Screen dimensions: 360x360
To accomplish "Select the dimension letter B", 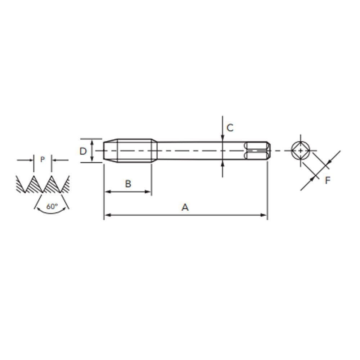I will point(128,184).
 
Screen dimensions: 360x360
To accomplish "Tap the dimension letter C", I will point(230,127).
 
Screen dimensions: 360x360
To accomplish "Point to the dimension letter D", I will point(83,151).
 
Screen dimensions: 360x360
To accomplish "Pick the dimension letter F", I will point(327,180).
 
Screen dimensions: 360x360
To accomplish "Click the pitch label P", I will point(42,159).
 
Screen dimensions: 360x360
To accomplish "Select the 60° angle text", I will point(52,207).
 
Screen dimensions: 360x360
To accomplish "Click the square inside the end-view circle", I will point(300,150).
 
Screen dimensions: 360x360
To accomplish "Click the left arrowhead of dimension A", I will point(107,215).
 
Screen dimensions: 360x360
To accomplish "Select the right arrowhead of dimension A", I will point(265,215).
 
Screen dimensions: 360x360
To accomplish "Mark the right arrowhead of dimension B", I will point(149,192).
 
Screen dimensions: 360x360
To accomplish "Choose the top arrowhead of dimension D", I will point(93,142).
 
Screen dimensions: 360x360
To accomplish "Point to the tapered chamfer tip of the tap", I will point(109,150).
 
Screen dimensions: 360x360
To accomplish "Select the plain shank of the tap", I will point(198,150).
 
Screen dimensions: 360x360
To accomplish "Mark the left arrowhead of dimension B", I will point(107,192).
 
